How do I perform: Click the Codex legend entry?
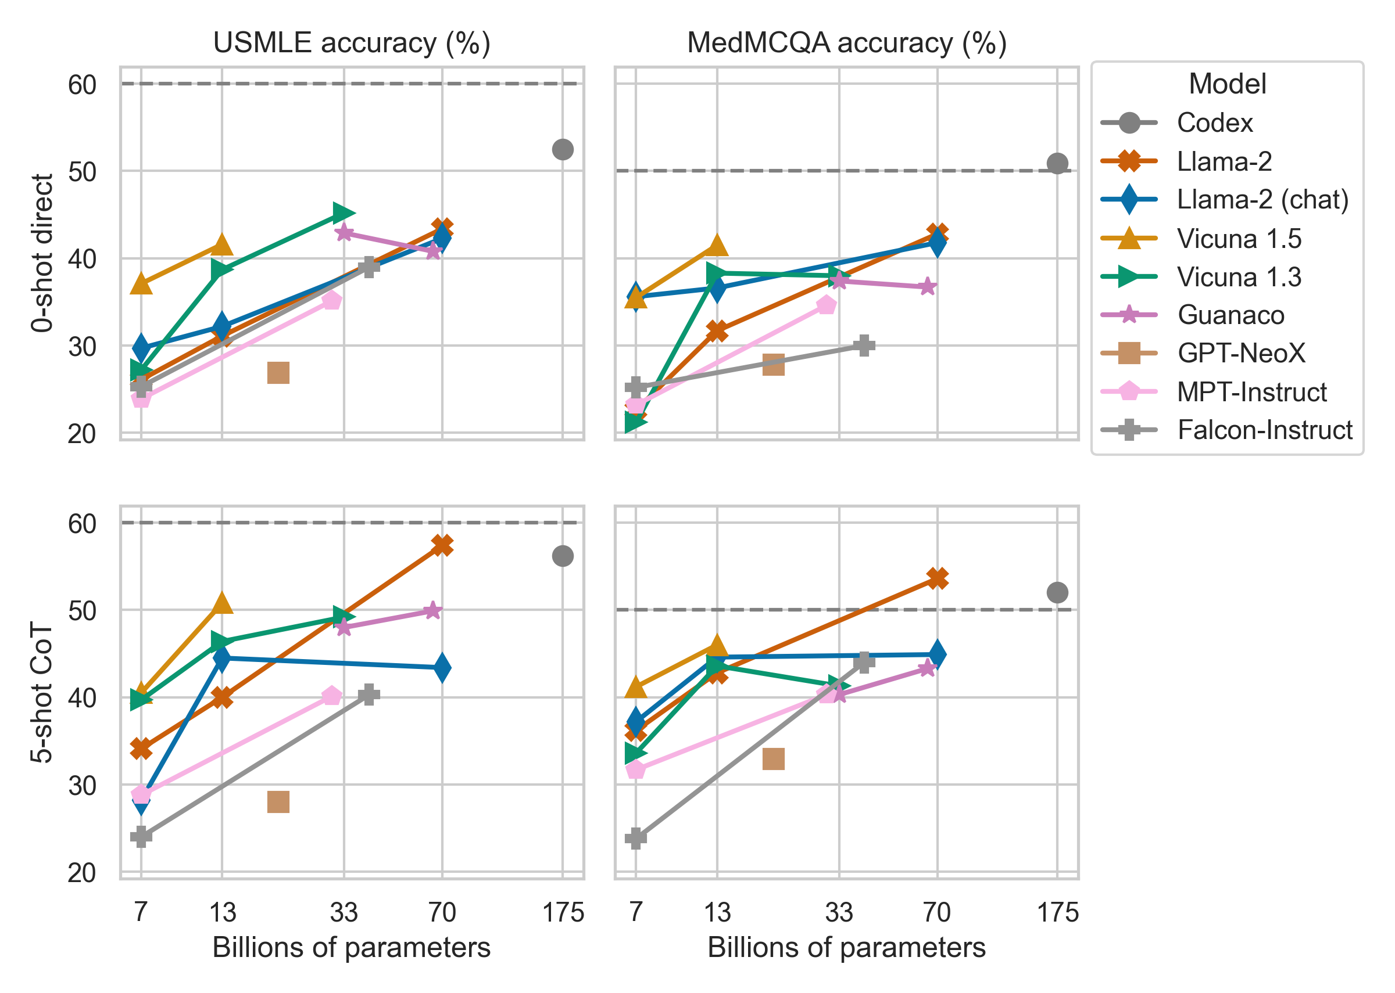click(1214, 123)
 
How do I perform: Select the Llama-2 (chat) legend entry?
click(1262, 200)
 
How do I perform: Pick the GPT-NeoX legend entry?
click(1241, 353)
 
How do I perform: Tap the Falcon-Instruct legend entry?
click(1264, 430)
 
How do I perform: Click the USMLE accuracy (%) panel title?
click(351, 43)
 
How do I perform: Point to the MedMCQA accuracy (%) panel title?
click(846, 43)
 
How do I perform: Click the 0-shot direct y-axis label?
click(42, 253)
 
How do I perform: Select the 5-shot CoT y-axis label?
click(42, 692)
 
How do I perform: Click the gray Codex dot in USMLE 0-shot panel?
click(562, 149)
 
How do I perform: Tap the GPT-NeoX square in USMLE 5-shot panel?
click(278, 801)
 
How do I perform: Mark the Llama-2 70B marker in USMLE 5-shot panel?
click(442, 545)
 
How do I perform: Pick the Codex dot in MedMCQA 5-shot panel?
click(1057, 592)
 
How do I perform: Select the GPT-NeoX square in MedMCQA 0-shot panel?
click(774, 365)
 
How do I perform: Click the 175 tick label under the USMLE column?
click(562, 912)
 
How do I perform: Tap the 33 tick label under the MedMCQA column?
click(838, 912)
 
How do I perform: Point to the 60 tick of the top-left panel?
click(82, 85)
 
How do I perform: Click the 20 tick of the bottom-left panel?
click(82, 873)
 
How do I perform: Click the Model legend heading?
click(1227, 84)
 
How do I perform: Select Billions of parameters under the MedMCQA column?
click(846, 948)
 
